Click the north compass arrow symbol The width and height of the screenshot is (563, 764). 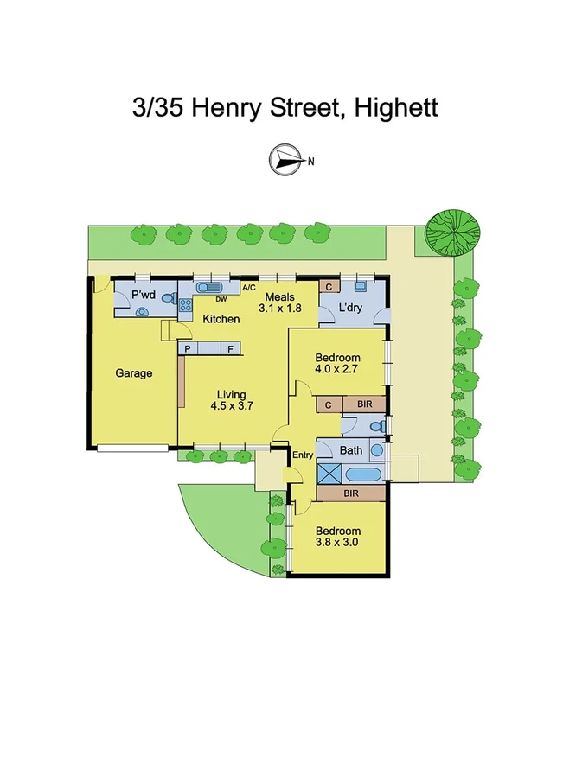coord(285,159)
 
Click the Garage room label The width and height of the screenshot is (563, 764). coord(134,373)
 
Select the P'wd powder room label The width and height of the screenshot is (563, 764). coord(143,296)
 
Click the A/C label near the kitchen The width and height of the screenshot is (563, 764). coord(249,288)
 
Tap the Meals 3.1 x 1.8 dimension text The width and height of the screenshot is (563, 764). coord(279,302)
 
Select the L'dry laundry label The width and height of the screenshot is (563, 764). coord(349,308)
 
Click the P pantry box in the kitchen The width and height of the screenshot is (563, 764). coord(186,348)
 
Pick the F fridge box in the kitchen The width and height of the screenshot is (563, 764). coord(230,348)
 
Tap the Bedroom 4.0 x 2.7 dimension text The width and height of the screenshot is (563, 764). coord(336,364)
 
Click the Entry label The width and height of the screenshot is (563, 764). coord(303,455)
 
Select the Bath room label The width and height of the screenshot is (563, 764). coord(350,449)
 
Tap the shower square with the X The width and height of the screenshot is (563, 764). coord(329,473)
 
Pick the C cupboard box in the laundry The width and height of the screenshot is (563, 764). coord(329,286)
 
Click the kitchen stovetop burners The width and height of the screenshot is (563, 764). coord(184,303)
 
